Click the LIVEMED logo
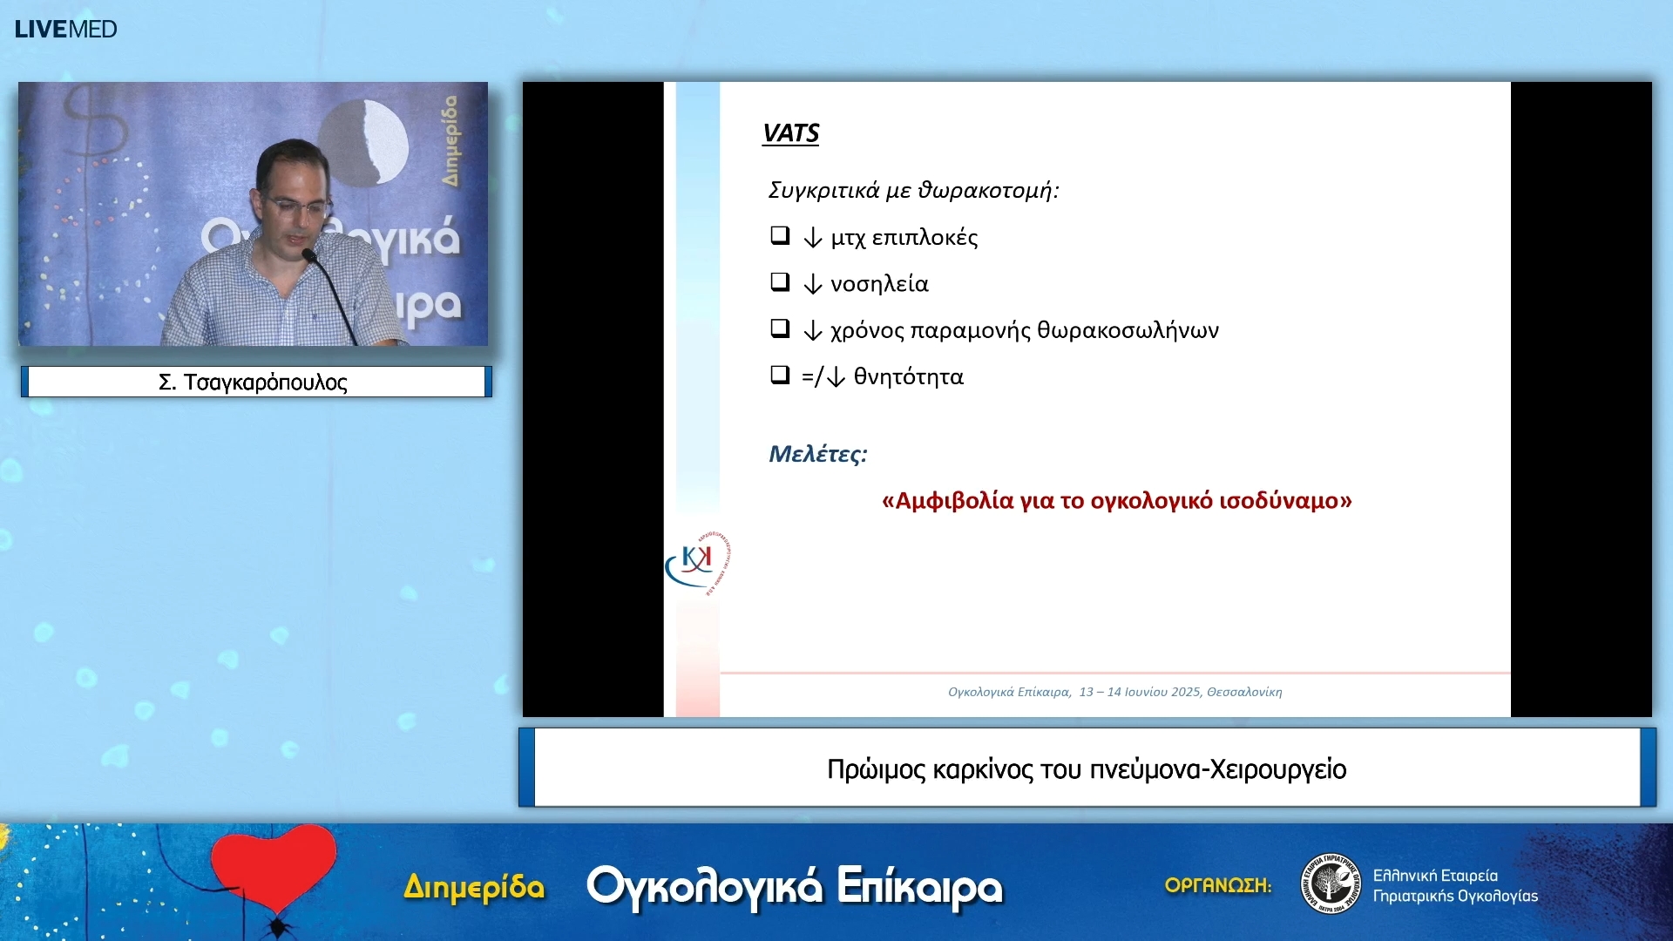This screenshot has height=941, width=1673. tap(65, 29)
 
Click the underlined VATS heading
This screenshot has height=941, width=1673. tap(790, 133)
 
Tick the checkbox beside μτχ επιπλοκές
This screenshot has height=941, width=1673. tap(780, 235)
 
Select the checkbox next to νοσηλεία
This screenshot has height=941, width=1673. tap(780, 281)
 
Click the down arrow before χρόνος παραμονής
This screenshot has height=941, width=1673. tap(812, 331)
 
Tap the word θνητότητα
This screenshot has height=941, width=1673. tap(908, 376)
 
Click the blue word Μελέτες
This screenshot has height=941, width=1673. tap(816, 454)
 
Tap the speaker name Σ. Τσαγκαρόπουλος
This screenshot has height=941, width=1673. tap(253, 382)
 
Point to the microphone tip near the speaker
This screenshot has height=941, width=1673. tap(308, 254)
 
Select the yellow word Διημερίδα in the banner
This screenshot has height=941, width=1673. tap(474, 887)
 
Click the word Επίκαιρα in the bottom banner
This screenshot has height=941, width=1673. tap(919, 887)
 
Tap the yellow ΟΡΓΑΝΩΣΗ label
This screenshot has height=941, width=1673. tap(1217, 885)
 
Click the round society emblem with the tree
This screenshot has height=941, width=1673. tap(1331, 883)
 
